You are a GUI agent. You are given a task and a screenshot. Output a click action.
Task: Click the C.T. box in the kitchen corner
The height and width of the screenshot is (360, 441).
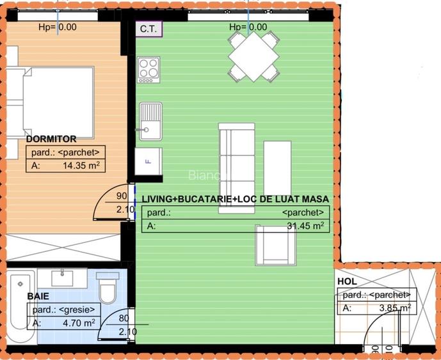tap(149, 29)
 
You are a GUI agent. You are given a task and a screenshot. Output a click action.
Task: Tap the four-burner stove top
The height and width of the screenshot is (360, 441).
tap(148, 70)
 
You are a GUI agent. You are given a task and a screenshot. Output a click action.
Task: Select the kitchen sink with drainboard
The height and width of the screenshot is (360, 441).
tap(151, 121)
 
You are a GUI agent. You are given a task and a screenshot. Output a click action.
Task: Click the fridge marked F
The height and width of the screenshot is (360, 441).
tap(148, 162)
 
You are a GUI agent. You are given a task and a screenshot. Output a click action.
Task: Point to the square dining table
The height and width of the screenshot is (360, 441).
tap(253, 56)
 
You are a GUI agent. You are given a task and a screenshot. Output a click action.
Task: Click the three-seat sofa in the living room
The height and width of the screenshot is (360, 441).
tap(237, 168)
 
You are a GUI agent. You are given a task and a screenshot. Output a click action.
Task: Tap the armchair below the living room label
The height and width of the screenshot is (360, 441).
tap(276, 245)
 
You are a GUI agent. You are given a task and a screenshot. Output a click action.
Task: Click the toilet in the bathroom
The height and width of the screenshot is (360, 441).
tap(108, 288)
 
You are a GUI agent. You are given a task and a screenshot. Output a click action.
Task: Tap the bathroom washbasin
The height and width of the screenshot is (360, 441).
tap(62, 278)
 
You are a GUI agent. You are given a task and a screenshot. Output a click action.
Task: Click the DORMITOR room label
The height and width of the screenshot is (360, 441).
tap(51, 139)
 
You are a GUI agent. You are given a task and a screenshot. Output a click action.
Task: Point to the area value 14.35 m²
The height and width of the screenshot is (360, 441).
tap(81, 165)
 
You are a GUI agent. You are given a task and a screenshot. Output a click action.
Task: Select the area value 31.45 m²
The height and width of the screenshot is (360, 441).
tap(305, 226)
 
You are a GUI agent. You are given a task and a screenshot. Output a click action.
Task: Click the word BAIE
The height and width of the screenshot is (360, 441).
tap(38, 296)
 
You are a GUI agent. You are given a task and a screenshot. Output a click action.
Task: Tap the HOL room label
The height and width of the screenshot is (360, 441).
tap(347, 281)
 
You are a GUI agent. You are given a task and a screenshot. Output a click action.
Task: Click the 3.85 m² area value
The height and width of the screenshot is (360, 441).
tap(395, 308)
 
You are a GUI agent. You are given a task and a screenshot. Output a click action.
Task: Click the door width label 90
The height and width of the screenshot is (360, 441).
tap(122, 196)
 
